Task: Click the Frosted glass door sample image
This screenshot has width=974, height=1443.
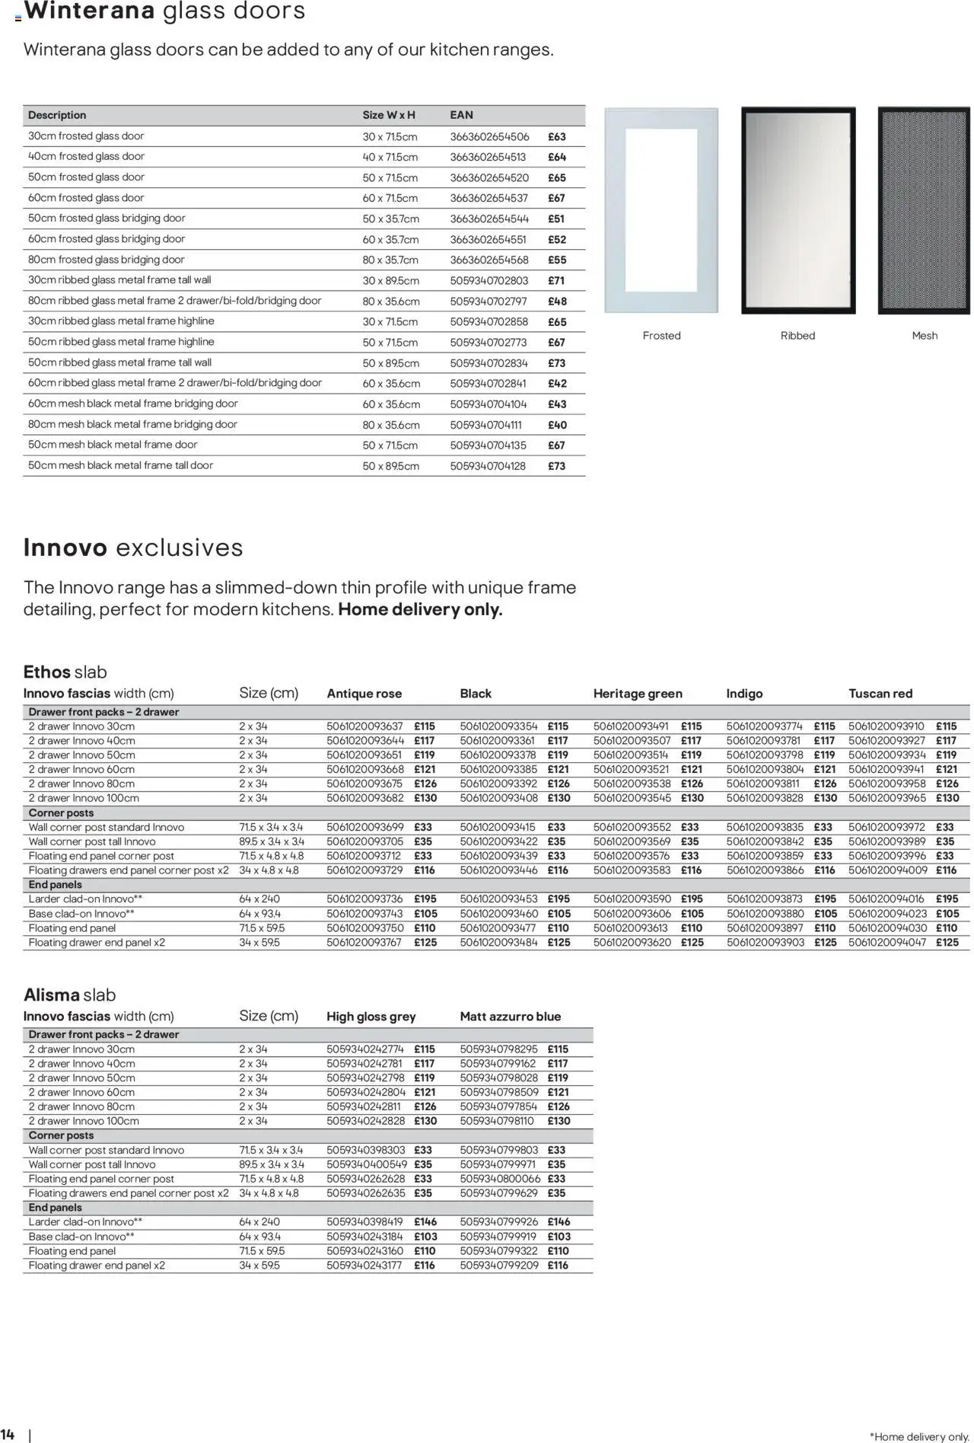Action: coord(660,210)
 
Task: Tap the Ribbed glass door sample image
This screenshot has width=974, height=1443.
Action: coord(797,210)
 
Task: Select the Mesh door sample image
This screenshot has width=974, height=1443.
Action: coord(924,210)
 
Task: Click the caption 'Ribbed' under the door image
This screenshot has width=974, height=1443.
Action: coord(797,336)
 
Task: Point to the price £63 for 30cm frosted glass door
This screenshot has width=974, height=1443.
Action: coord(556,137)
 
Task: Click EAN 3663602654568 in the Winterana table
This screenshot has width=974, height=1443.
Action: coord(489,260)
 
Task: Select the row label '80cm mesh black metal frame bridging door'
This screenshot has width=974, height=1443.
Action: coord(132,424)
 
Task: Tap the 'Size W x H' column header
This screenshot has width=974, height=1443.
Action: coord(388,115)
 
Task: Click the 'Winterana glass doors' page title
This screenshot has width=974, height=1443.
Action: coord(164,11)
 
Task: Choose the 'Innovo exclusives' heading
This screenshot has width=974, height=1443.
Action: coord(133,548)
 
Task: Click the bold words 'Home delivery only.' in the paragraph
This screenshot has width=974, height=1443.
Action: coord(420,610)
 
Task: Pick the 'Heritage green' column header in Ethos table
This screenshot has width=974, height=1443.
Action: coord(637,694)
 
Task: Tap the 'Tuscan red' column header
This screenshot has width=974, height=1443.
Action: coord(880,694)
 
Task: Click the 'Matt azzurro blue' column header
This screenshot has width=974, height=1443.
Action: coord(510,1017)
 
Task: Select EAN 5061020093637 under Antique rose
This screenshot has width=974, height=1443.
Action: coord(364,726)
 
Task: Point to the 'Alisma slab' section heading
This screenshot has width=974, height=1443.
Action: coord(69,995)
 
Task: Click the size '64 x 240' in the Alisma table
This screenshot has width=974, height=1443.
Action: coord(259,1221)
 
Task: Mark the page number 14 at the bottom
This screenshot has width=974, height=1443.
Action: coord(8,1435)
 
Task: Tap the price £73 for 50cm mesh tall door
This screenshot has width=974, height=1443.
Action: coord(556,466)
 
